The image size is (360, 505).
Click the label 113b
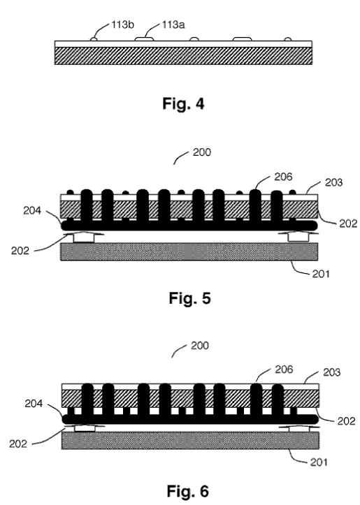tap(123, 25)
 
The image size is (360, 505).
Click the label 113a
tap(173, 25)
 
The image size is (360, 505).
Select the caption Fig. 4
tap(183, 103)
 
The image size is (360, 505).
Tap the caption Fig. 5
tap(190, 298)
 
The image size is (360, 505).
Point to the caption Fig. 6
tap(188, 491)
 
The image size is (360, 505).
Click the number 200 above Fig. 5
tap(202, 152)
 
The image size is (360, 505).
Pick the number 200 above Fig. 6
tap(200, 346)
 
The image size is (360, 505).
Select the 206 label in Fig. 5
tap(283, 177)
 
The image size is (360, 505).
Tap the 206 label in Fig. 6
tap(284, 369)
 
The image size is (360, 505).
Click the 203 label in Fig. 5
tap(333, 182)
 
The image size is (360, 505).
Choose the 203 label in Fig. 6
tap(331, 372)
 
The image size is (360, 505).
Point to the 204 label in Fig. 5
tap(32, 211)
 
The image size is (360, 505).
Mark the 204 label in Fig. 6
tap(34, 404)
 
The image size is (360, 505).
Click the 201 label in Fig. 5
tap(321, 274)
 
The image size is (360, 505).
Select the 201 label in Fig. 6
tap(319, 462)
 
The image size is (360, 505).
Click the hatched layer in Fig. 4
tap(183, 56)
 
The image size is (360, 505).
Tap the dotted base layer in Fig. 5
tap(189, 251)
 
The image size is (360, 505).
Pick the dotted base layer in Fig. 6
tap(190, 440)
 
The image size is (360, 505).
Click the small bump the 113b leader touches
tap(94, 39)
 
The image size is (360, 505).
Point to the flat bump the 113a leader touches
tap(144, 39)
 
